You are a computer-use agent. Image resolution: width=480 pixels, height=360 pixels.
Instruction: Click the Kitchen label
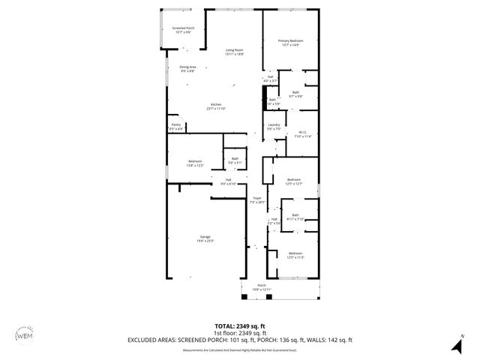pyautogui.click(x=216, y=106)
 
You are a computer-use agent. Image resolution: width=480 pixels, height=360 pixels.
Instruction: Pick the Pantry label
pyautogui.click(x=175, y=126)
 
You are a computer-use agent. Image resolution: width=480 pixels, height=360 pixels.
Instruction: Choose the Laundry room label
pyautogui.click(x=274, y=126)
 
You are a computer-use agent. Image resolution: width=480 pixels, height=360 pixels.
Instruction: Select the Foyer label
pyautogui.click(x=257, y=199)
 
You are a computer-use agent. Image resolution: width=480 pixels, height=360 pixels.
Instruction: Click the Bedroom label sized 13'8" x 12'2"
pyautogui.click(x=195, y=163)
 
